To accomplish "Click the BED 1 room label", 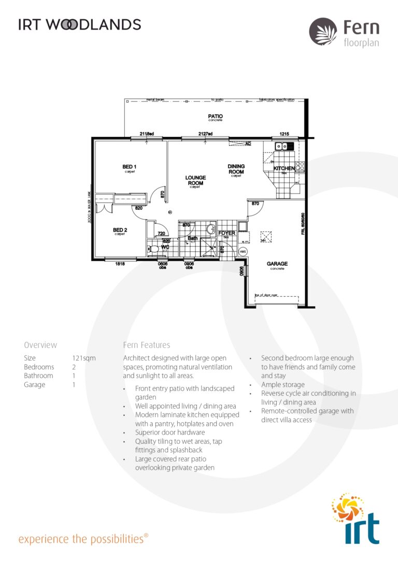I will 129,167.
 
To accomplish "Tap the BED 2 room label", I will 120,230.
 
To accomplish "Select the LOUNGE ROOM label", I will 195,180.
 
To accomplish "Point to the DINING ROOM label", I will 236,169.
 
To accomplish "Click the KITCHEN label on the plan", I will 283,168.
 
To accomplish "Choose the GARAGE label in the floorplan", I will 277,264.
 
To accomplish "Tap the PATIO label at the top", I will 216,116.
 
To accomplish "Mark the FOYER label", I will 226,233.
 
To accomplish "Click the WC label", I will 165,247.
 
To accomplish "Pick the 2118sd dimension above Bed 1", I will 147,134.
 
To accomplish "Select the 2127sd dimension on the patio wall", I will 205,134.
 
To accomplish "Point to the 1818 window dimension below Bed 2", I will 120,264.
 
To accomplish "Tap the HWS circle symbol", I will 243,251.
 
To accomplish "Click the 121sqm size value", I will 84,358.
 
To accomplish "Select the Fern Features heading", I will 147,345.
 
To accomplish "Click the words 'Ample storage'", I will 283,385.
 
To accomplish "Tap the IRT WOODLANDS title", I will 79,24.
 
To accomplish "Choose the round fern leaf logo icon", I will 323,31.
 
